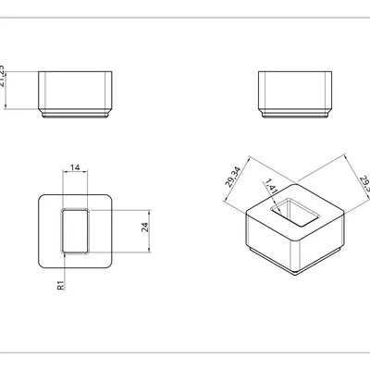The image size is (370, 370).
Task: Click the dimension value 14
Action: [x=74, y=166]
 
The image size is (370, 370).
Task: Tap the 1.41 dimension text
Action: [x=270, y=186]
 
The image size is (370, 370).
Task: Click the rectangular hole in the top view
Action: [x=74, y=230]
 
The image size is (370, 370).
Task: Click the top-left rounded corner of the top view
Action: [x=43, y=199]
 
